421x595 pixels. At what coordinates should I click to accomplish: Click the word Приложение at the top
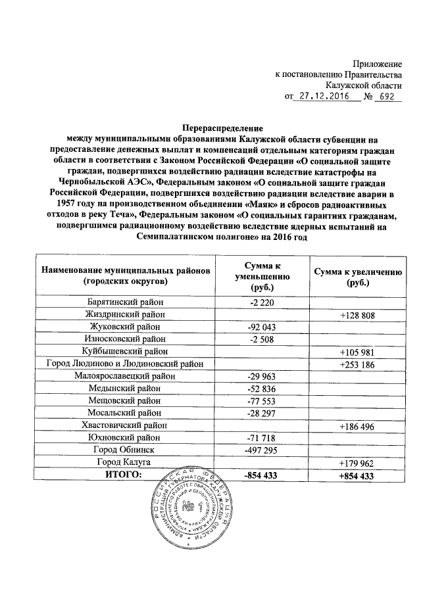pyautogui.click(x=377, y=64)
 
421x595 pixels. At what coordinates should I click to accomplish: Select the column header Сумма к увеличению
pyautogui.click(x=357, y=276)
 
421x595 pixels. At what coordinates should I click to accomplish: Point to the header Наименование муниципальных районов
pyautogui.click(x=126, y=276)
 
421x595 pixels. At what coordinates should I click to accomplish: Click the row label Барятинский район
pyautogui.click(x=126, y=302)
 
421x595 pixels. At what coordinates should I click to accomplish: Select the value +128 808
pyautogui.click(x=357, y=315)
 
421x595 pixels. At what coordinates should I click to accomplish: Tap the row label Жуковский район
pyautogui.click(x=126, y=327)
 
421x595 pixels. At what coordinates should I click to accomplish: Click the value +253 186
pyautogui.click(x=357, y=364)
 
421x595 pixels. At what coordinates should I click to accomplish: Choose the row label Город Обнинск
pyautogui.click(x=126, y=450)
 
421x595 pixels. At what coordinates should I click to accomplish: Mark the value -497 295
pyautogui.click(x=262, y=450)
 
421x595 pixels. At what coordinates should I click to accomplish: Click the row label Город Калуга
pyautogui.click(x=126, y=462)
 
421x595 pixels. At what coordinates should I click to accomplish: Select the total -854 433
pyautogui.click(x=262, y=475)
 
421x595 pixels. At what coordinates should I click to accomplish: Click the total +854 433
pyautogui.click(x=357, y=475)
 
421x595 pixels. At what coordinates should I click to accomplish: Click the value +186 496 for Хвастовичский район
pyautogui.click(x=357, y=426)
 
